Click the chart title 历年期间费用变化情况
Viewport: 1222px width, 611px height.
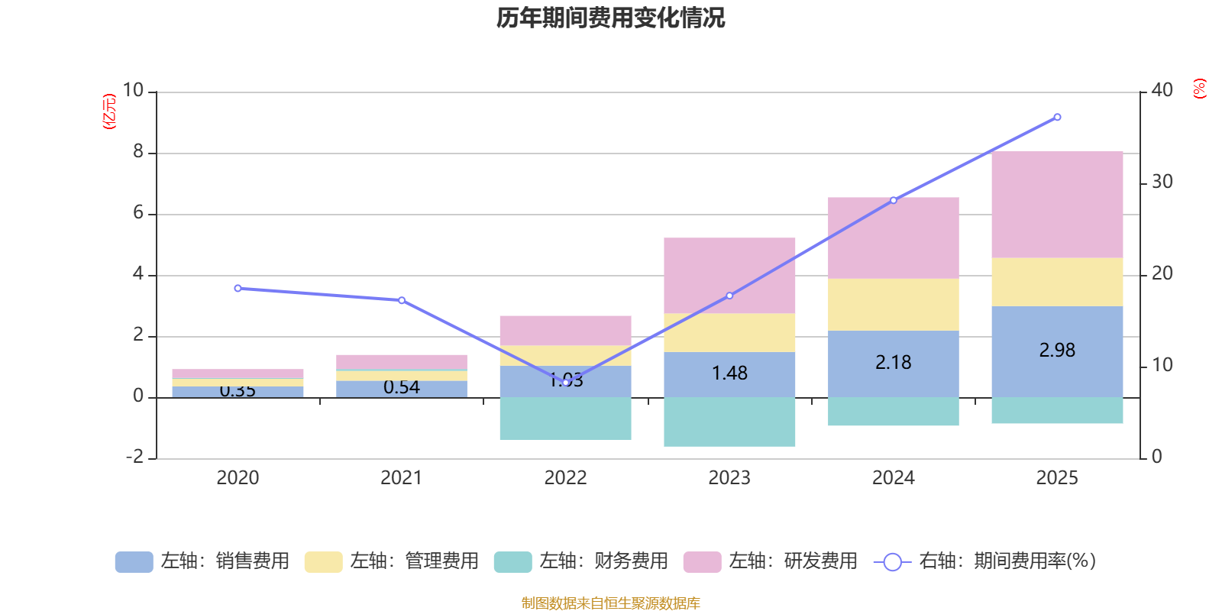[610, 18]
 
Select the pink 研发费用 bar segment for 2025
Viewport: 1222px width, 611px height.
[1057, 205]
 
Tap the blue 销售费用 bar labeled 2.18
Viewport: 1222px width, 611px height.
[894, 364]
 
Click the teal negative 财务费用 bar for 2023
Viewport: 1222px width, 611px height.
[729, 422]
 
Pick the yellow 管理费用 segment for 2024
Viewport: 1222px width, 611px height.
[894, 305]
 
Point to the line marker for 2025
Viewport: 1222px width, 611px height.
[1057, 117]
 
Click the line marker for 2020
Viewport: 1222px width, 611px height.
[238, 288]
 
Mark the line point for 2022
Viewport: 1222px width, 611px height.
[566, 382]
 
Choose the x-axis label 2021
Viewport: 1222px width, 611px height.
[401, 478]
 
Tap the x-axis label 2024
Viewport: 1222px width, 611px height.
[893, 478]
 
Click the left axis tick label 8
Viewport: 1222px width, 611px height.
[138, 152]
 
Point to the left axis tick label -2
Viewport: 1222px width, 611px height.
[135, 457]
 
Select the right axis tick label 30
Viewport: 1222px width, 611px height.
[1162, 182]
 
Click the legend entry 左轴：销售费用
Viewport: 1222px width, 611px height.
[202, 561]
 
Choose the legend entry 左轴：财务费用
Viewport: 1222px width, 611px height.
[581, 561]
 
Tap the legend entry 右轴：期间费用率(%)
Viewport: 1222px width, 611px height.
[985, 561]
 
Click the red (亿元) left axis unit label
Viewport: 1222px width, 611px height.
[109, 112]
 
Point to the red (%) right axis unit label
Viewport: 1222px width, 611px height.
[1200, 89]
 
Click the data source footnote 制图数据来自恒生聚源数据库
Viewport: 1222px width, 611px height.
[610, 603]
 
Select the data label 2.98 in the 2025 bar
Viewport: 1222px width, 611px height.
[1057, 351]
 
